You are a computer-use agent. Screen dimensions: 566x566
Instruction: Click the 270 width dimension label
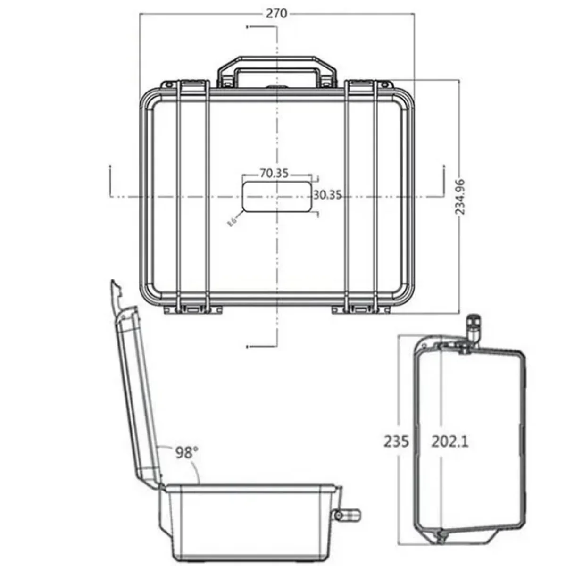point(276,13)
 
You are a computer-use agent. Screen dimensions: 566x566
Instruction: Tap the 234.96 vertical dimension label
point(460,197)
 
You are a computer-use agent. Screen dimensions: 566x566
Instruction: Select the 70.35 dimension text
point(274,173)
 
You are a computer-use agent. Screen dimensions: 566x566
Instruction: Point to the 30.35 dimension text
point(327,195)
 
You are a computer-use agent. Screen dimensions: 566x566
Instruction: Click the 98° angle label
point(187,453)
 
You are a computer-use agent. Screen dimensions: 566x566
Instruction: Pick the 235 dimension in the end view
point(396,441)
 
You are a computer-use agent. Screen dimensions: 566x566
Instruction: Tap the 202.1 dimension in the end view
point(450,441)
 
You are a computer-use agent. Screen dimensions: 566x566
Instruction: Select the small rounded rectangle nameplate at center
point(276,197)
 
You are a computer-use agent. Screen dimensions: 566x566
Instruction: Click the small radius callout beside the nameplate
point(232,221)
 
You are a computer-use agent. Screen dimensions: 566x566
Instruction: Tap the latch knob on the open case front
point(348,514)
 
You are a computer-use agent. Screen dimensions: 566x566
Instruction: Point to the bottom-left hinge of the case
point(193,309)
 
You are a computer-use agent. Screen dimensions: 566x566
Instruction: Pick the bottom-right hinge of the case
point(361,309)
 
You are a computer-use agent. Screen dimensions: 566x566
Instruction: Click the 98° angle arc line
point(196,467)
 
